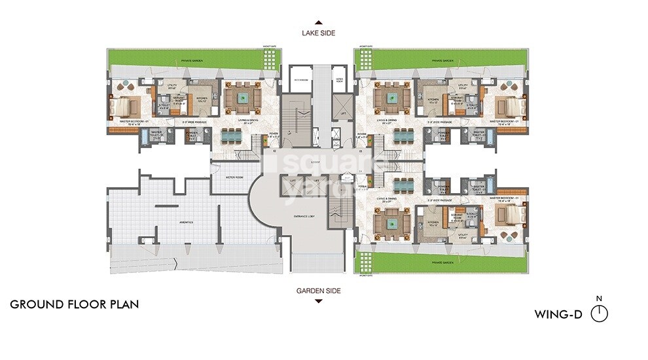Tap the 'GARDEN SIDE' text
coord(318,291)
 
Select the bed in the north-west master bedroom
coord(125,103)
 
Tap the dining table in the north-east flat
coord(403,135)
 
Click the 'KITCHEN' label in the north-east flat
coord(433,99)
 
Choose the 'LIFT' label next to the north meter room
coord(343,113)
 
